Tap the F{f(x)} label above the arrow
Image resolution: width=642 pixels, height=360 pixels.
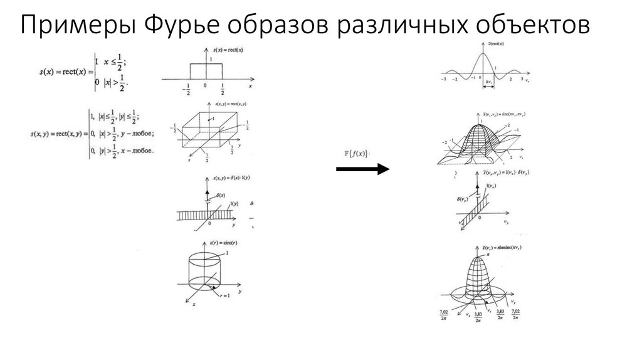point(355,153)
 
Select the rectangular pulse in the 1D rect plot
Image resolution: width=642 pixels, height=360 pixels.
point(206,70)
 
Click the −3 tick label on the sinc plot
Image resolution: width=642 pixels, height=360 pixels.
point(443,80)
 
